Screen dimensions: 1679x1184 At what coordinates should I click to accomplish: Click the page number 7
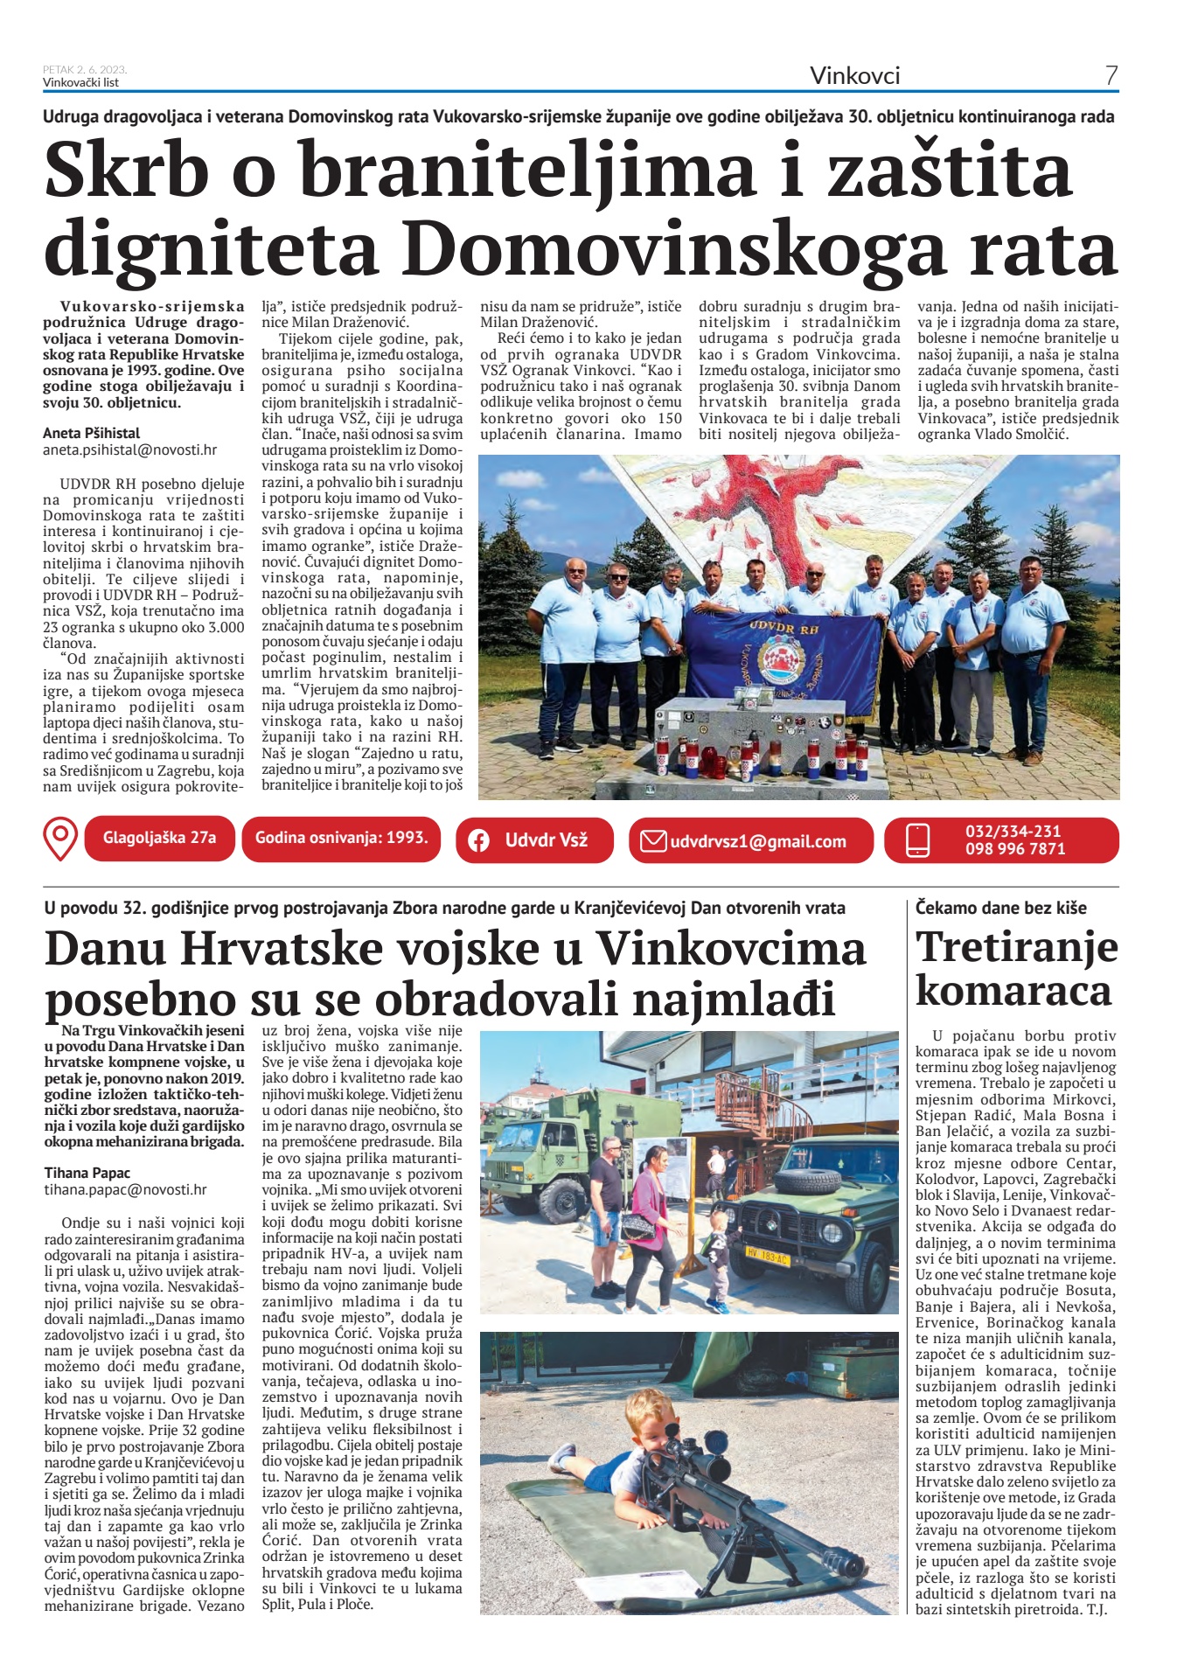click(x=1111, y=76)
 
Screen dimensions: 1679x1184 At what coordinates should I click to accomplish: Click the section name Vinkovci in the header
click(x=854, y=76)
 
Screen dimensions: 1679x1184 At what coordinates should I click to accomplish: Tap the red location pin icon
click(x=59, y=839)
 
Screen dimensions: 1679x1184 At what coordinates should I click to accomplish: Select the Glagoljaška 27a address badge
click(x=159, y=838)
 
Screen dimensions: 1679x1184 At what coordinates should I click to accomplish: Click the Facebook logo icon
click(x=478, y=840)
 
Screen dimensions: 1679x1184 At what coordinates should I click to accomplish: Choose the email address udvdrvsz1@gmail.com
click(x=758, y=841)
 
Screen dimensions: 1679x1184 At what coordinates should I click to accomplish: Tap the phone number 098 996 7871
click(x=1015, y=849)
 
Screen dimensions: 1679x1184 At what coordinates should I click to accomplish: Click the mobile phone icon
click(x=917, y=840)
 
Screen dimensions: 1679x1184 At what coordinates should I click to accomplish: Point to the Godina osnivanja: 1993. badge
click(x=341, y=838)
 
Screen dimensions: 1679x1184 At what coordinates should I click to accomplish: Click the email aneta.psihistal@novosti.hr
click(x=129, y=450)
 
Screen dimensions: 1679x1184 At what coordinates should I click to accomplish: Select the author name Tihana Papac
click(x=87, y=1173)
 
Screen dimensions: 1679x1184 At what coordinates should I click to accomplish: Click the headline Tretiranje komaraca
click(x=1016, y=969)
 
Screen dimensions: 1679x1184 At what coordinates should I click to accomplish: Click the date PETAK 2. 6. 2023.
click(x=85, y=70)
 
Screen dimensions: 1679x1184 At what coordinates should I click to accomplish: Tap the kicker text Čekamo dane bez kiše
click(x=1001, y=908)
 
